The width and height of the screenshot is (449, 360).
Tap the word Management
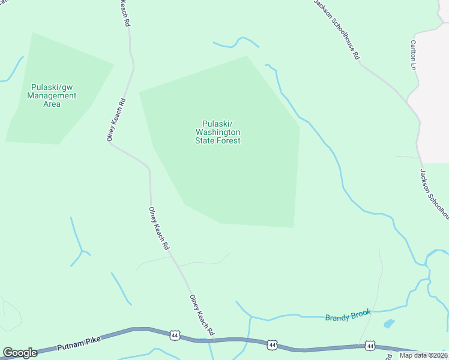(x=52, y=95)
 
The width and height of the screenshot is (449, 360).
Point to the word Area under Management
(x=52, y=104)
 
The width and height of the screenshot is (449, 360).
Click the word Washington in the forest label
(x=218, y=132)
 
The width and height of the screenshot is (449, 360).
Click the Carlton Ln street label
(x=413, y=55)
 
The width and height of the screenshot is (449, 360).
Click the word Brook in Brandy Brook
(x=362, y=313)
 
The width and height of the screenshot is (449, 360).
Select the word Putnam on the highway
(x=70, y=347)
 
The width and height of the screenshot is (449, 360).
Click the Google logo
(x=20, y=353)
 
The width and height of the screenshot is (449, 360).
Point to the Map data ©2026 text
(x=423, y=355)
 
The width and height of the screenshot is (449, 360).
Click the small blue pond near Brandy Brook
(x=389, y=323)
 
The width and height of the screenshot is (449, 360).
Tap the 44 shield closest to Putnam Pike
(x=174, y=334)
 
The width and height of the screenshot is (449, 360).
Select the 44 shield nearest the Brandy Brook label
(x=370, y=346)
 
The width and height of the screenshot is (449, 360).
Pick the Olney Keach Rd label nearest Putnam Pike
(x=202, y=315)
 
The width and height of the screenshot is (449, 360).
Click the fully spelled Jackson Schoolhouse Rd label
(x=338, y=29)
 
